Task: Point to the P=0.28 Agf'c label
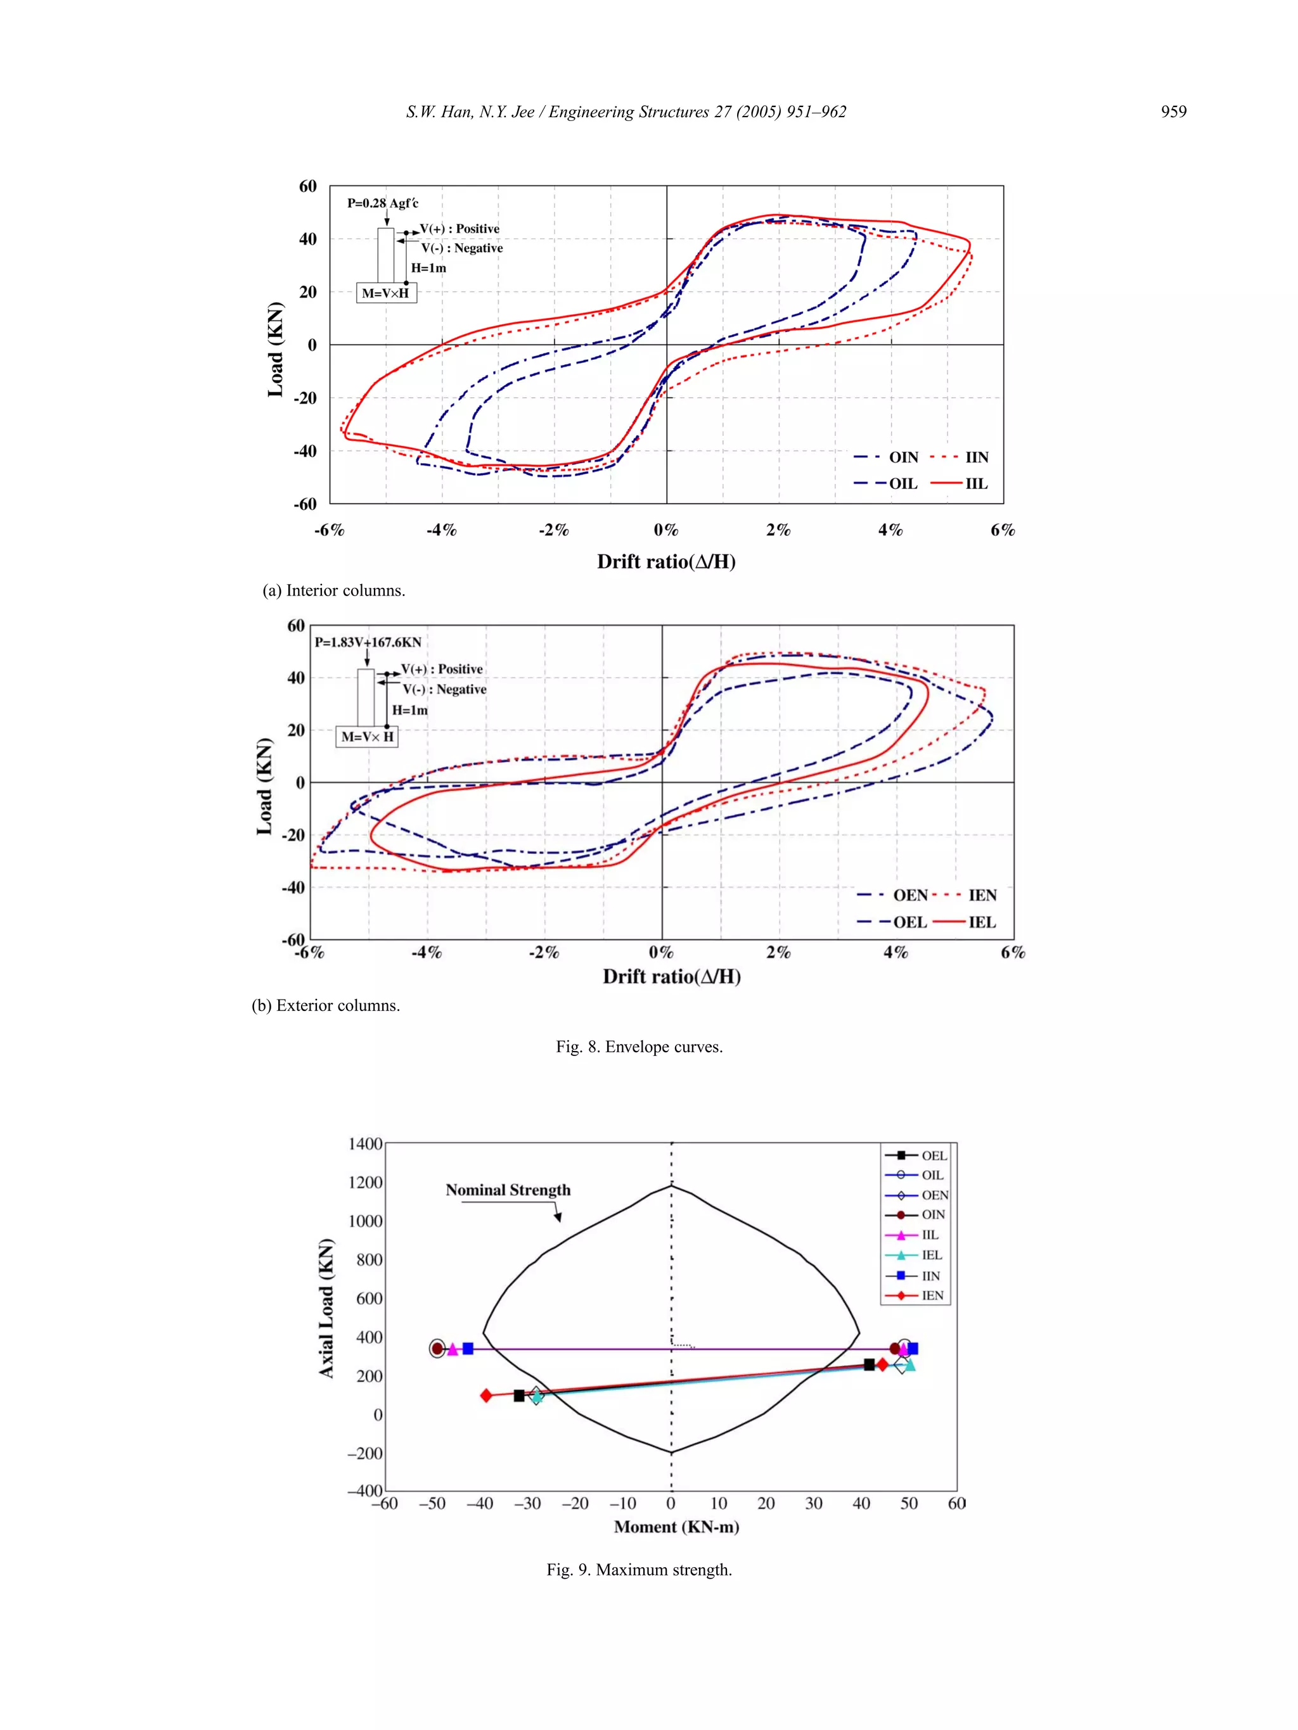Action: click(x=383, y=203)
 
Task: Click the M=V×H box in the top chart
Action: click(x=386, y=293)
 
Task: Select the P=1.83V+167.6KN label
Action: click(x=368, y=642)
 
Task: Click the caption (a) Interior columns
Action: click(x=334, y=590)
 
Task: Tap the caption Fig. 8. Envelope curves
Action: click(x=639, y=1046)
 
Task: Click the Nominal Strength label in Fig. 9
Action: click(x=508, y=1190)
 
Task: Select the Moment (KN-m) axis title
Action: click(x=676, y=1527)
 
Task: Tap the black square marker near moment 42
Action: click(x=870, y=1364)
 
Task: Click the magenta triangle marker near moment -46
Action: click(x=453, y=1349)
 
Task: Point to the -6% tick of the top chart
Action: click(x=330, y=530)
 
